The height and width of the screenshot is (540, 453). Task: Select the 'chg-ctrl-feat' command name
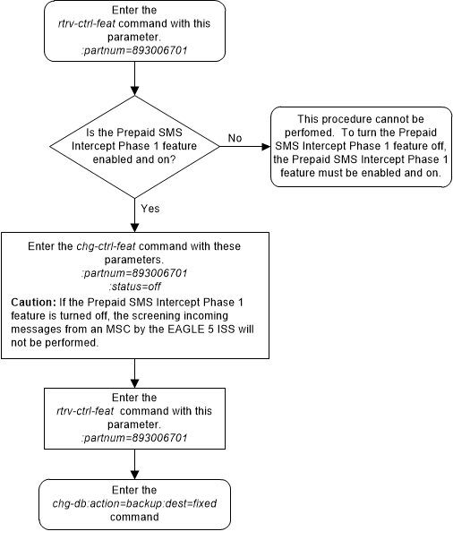click(x=111, y=244)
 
